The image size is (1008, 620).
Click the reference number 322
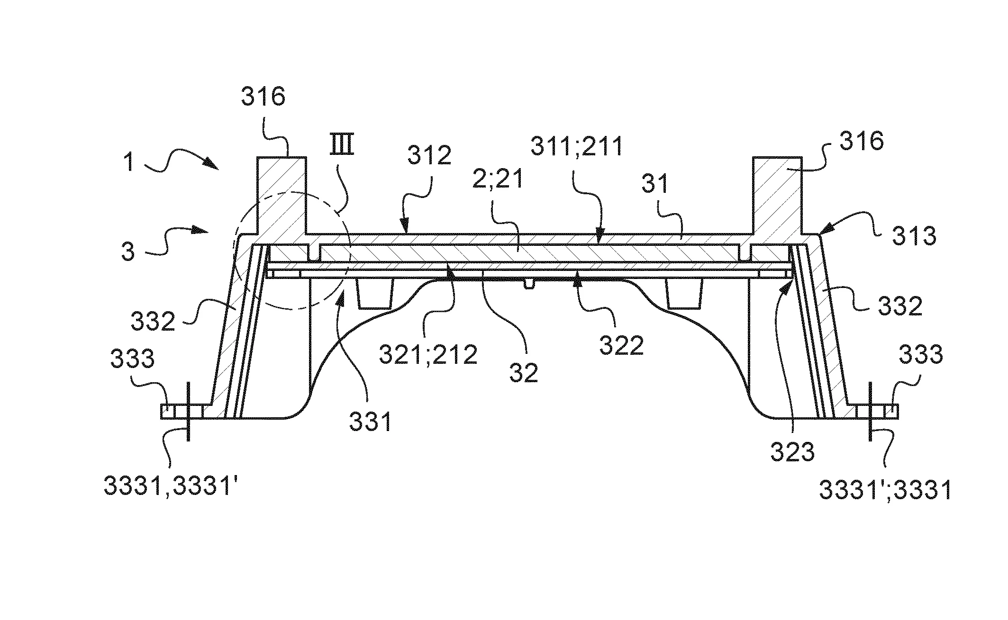(x=621, y=346)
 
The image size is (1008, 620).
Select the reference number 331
(x=370, y=421)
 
